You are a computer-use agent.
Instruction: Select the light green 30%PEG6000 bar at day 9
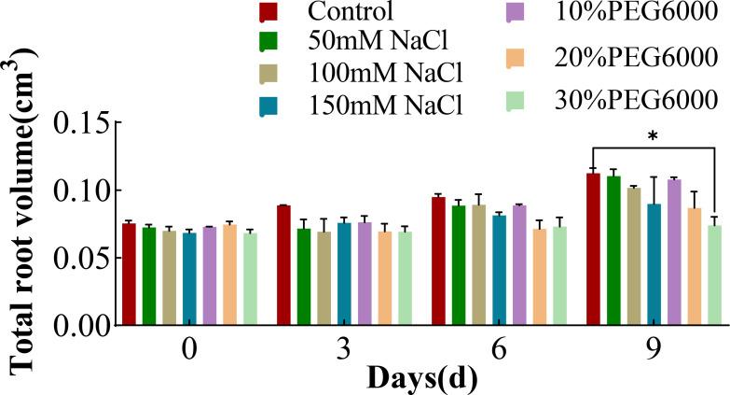click(x=714, y=275)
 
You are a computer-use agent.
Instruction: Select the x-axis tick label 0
click(x=189, y=349)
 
